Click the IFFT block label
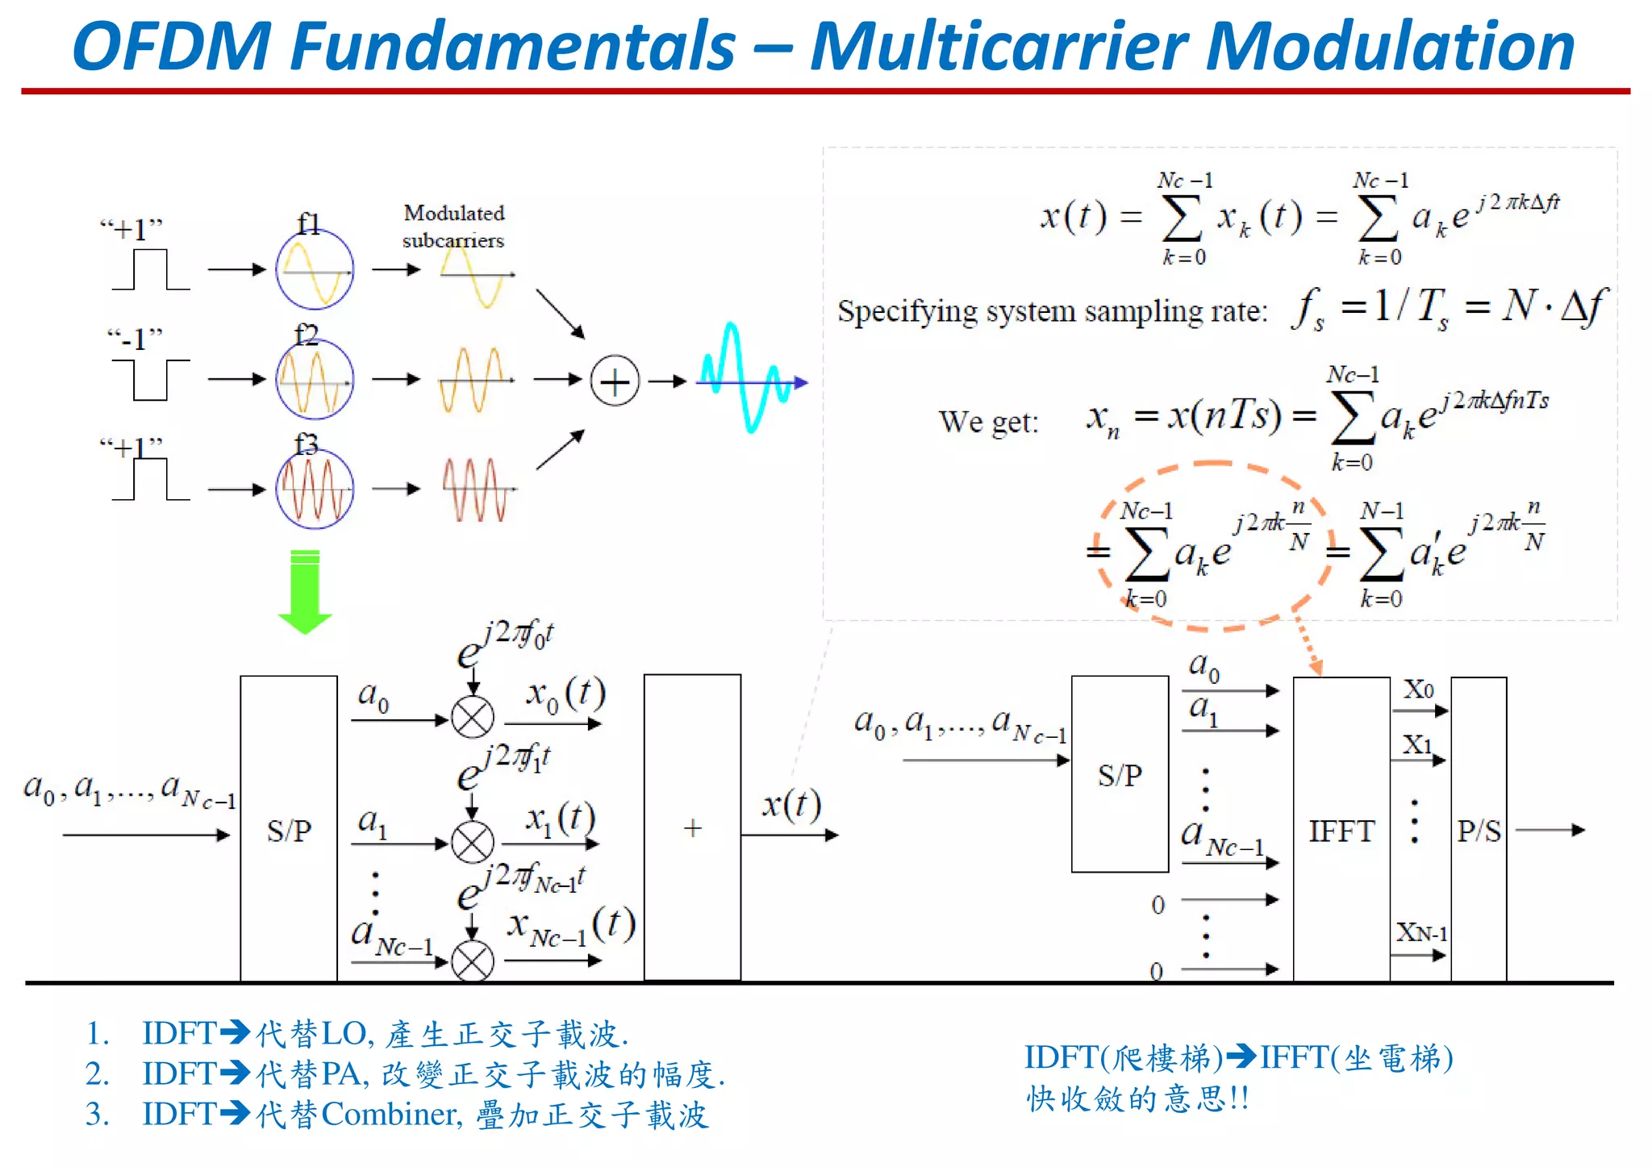1341,831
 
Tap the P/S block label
1479,831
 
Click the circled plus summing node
615,381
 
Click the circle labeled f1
315,270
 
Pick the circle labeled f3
315,489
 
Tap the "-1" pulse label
136,340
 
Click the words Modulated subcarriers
453,227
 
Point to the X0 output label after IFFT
1418,690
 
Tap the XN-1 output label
1421,933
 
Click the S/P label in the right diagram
1120,776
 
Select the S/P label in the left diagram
289,831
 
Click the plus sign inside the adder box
692,828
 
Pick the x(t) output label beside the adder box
791,804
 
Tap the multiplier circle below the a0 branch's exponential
473,717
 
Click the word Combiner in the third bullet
390,1115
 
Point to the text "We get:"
988,422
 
